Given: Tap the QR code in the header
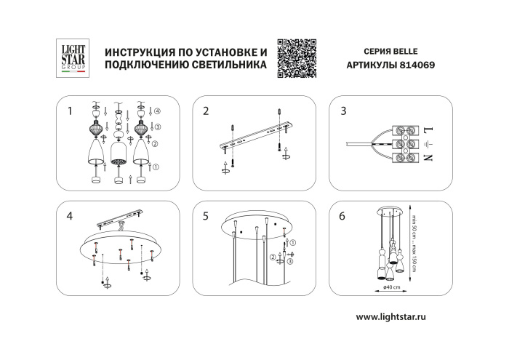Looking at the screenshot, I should [x=298, y=56].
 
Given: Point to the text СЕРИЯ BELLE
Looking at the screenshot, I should [x=390, y=52].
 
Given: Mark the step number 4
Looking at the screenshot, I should [x=69, y=216].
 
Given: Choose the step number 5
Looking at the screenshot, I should [x=206, y=216].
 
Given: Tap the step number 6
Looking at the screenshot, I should [x=342, y=216].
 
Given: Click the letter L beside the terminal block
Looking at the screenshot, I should [x=428, y=130].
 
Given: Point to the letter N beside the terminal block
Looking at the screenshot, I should [x=428, y=158].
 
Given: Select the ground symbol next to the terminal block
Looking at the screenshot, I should [x=428, y=144].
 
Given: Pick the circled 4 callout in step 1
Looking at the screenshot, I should [x=158, y=111].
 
